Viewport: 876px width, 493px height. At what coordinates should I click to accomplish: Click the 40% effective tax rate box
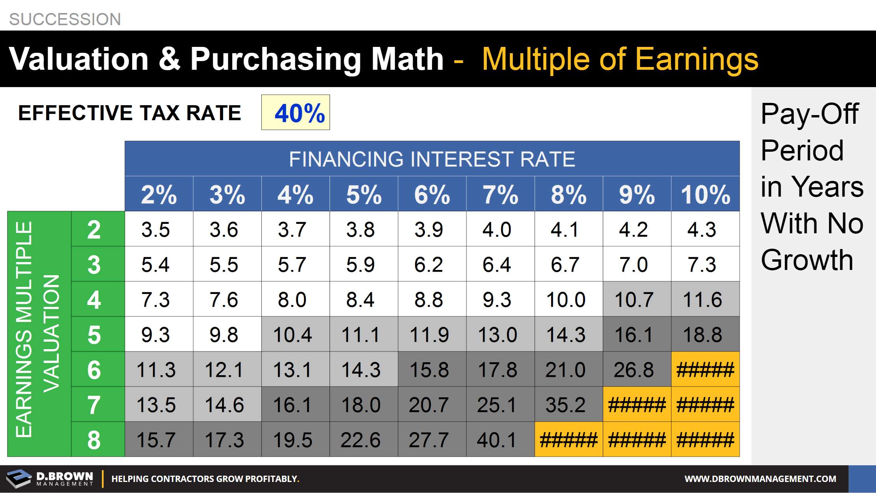(296, 113)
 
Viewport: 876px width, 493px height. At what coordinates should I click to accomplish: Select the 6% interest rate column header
(432, 194)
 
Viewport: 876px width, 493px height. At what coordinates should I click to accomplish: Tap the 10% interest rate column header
(705, 194)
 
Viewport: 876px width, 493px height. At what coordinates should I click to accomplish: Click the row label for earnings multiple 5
(94, 335)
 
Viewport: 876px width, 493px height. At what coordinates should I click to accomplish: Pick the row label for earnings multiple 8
(94, 440)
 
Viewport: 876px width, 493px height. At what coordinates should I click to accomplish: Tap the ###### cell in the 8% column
(568, 440)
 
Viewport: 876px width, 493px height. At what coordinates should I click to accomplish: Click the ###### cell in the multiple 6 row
(705, 370)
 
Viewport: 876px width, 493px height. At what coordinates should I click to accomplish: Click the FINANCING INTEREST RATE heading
(432, 159)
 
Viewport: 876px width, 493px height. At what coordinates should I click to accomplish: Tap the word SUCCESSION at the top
(65, 19)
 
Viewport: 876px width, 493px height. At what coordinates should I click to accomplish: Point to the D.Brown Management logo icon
(19, 478)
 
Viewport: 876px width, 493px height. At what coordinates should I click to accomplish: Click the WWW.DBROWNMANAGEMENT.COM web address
(760, 479)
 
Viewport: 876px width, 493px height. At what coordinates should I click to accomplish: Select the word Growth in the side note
(807, 260)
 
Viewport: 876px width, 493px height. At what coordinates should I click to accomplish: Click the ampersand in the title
(170, 59)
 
